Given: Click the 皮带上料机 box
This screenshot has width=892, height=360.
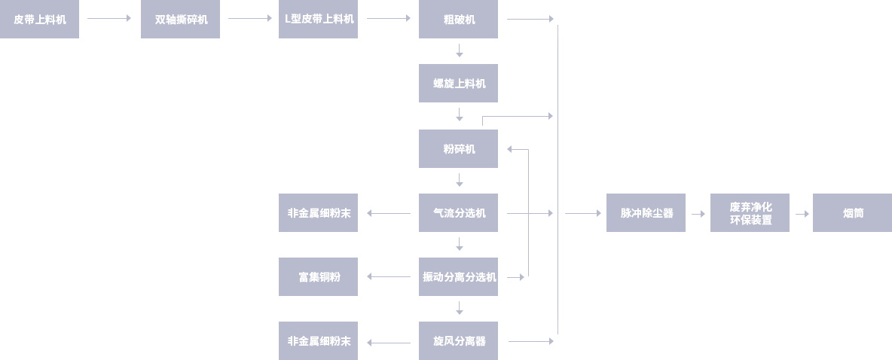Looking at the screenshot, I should [39, 20].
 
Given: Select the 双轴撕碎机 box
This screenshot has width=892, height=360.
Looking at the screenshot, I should [180, 20].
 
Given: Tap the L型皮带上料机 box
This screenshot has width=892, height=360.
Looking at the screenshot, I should [318, 20].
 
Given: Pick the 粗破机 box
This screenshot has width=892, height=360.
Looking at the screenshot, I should [458, 20].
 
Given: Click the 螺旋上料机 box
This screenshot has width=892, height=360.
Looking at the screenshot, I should [458, 83].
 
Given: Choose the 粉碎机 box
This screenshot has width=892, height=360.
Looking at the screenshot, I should [458, 148].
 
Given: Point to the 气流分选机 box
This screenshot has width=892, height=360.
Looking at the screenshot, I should [458, 213].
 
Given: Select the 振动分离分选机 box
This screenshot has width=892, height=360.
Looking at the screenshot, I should [458, 277].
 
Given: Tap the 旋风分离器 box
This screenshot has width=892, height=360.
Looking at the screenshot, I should [458, 341].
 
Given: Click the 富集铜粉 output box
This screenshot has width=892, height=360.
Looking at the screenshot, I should [318, 277].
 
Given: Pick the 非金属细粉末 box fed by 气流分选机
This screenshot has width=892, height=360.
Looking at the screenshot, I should [318, 213].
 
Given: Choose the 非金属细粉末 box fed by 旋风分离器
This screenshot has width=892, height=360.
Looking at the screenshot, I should [318, 341].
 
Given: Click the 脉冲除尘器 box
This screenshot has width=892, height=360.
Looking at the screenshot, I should [646, 213].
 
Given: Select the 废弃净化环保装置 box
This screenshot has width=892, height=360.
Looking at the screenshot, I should [750, 213].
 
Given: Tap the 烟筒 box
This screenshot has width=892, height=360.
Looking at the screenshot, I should [852, 213].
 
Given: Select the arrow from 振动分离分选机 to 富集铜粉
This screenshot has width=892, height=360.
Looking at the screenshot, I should [389, 277].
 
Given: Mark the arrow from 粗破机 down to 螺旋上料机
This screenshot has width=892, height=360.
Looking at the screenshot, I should [459, 51].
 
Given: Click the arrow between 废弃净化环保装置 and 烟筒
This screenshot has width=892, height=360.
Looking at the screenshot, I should [802, 214].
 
